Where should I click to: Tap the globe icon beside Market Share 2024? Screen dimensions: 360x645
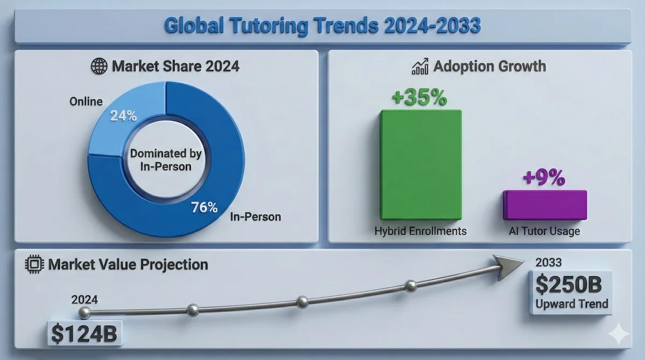pyautogui.click(x=99, y=67)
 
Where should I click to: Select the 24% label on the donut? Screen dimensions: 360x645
pyautogui.click(x=124, y=116)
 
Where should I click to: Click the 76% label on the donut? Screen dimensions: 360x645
pyautogui.click(x=205, y=207)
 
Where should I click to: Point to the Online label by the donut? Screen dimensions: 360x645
pyautogui.click(x=85, y=101)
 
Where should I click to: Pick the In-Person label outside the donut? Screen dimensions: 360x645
pyautogui.click(x=255, y=217)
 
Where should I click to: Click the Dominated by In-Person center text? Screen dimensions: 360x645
pyautogui.click(x=166, y=160)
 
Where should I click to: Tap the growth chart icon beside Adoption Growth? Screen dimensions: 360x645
pyautogui.click(x=420, y=67)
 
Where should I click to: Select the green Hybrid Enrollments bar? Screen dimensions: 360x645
pyautogui.click(x=420, y=164)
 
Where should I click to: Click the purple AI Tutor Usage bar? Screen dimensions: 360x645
pyautogui.click(x=544, y=205)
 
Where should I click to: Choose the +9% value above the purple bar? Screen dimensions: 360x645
pyautogui.click(x=544, y=178)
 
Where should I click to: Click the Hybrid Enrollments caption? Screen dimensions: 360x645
pyautogui.click(x=420, y=232)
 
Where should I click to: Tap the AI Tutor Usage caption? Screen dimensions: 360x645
pyautogui.click(x=544, y=232)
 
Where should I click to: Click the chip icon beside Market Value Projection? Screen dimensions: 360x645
pyautogui.click(x=34, y=264)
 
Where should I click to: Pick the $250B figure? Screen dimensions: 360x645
pyautogui.click(x=571, y=285)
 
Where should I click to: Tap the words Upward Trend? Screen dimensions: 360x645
pyautogui.click(x=572, y=304)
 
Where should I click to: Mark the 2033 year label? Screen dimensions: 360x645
pyautogui.click(x=549, y=262)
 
